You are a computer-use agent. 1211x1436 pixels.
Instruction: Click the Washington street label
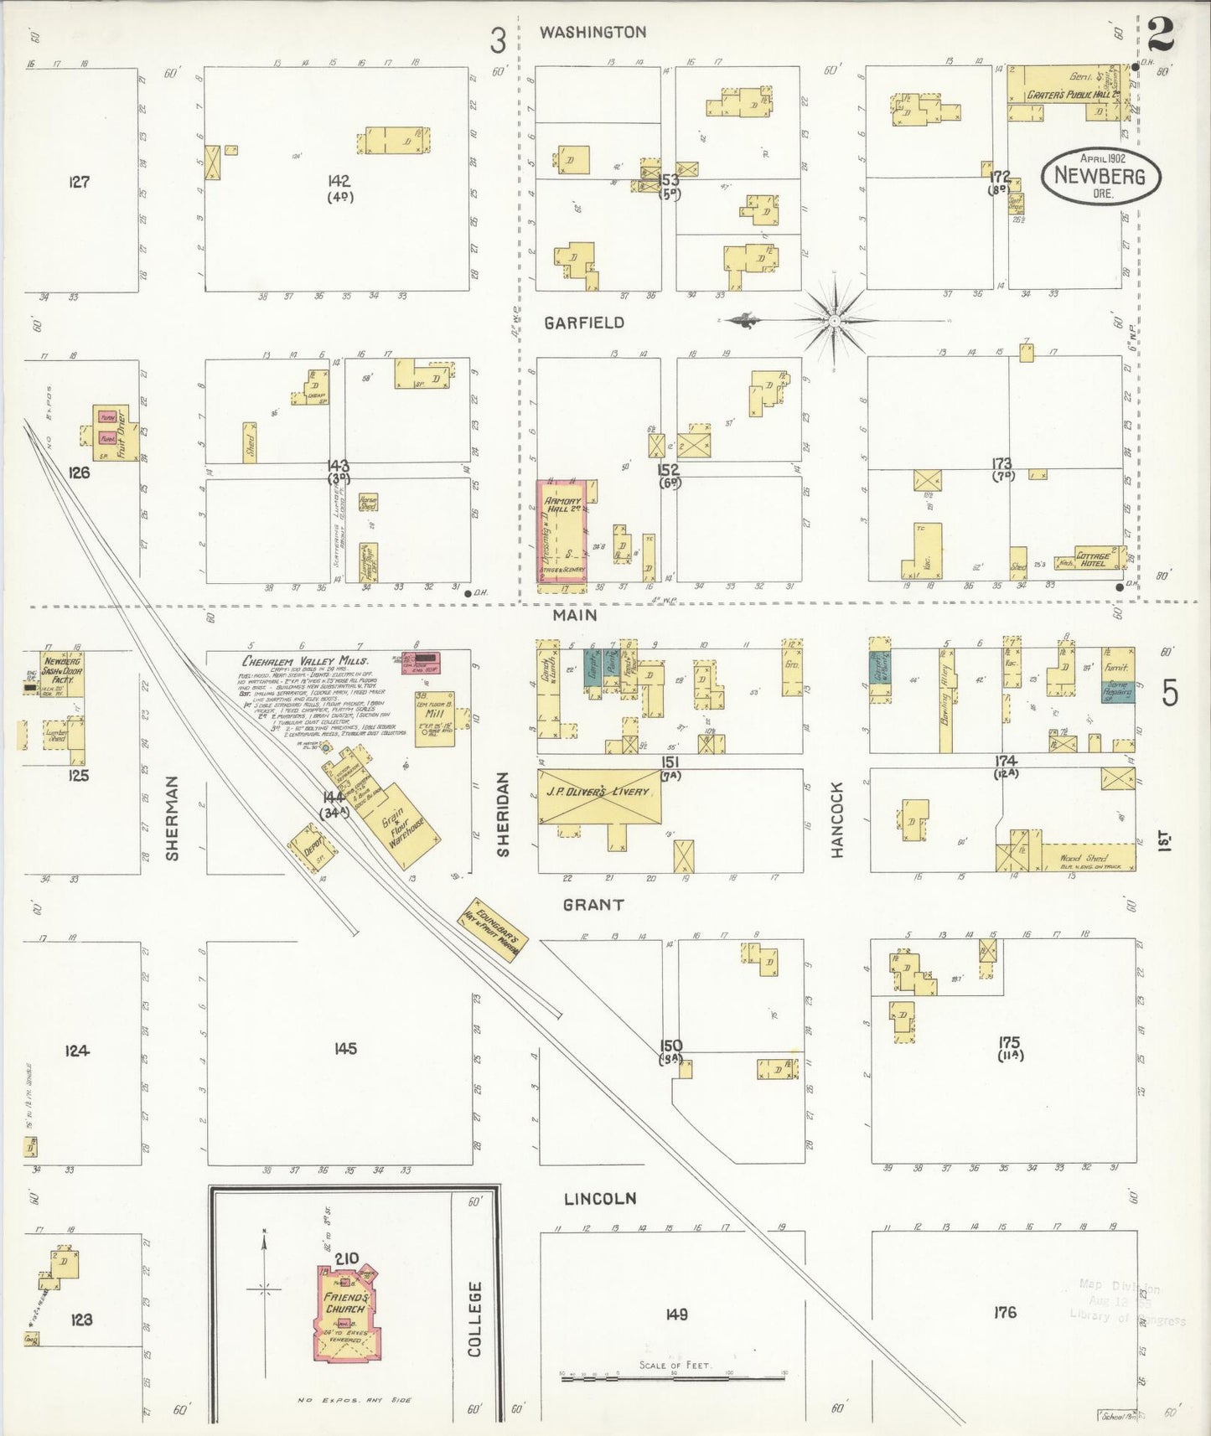click(x=593, y=33)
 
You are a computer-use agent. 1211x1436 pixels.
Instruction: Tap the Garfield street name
click(x=583, y=323)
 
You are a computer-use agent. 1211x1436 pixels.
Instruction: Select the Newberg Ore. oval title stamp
click(x=1100, y=176)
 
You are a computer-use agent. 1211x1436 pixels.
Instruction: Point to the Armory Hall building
click(x=562, y=529)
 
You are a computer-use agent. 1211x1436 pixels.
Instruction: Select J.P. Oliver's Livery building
click(x=598, y=796)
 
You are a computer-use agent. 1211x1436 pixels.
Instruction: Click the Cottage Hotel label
click(x=1093, y=560)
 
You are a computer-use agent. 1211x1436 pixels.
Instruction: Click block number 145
click(x=344, y=1048)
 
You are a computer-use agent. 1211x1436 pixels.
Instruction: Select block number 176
click(x=1004, y=1312)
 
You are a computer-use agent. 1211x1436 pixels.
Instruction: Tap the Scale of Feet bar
click(x=675, y=1375)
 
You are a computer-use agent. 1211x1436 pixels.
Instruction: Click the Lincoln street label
click(x=599, y=1199)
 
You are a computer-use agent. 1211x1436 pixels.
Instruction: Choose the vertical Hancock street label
click(x=836, y=819)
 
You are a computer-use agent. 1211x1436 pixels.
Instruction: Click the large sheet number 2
click(x=1161, y=34)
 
